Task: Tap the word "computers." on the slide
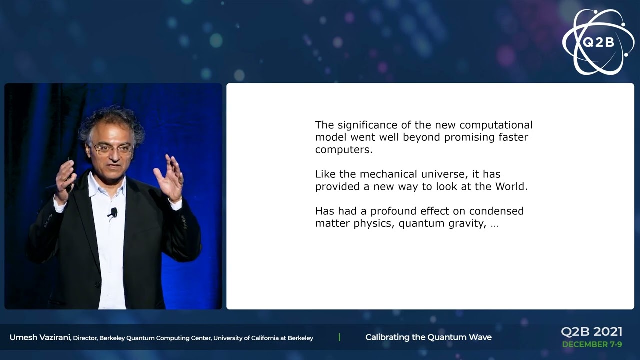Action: [344, 149]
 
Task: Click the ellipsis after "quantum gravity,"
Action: [494, 224]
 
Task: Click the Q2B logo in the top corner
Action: [598, 42]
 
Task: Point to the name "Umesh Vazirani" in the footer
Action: [40, 338]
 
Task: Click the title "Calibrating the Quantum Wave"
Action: [428, 337]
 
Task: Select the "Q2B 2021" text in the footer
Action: [591, 332]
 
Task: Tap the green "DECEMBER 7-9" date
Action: [592, 344]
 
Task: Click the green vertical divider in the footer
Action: [339, 337]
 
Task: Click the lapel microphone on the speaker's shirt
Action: [114, 212]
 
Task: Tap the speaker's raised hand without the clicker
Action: [170, 178]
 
